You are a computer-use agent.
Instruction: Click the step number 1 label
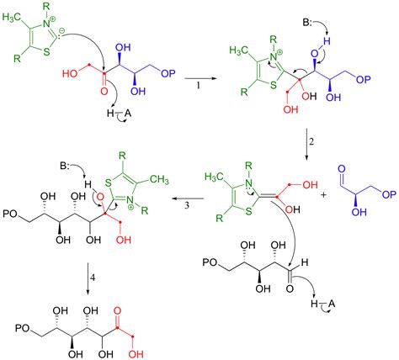point(199,86)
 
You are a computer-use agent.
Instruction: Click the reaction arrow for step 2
point(306,145)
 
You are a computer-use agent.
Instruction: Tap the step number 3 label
point(187,205)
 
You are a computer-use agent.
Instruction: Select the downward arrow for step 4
point(88,278)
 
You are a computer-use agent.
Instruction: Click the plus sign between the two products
point(324,194)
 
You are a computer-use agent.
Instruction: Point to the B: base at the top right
point(308,23)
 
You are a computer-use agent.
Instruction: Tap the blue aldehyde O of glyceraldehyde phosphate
point(342,169)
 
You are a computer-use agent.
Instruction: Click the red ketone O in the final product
point(118,310)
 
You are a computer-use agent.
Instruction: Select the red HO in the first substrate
point(70,74)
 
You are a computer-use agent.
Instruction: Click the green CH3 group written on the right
point(159,179)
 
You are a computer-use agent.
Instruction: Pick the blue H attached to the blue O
point(327,41)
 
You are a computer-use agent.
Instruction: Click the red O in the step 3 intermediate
point(100,197)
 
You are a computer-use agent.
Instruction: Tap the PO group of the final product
point(23,328)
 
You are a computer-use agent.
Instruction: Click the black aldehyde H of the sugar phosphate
point(305,262)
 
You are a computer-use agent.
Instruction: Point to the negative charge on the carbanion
point(62,33)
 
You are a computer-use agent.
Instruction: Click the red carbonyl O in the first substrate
point(104,92)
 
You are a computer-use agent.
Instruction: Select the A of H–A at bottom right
point(332,304)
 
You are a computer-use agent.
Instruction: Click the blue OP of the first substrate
point(168,73)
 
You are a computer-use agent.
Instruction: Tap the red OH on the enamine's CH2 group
point(311,185)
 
